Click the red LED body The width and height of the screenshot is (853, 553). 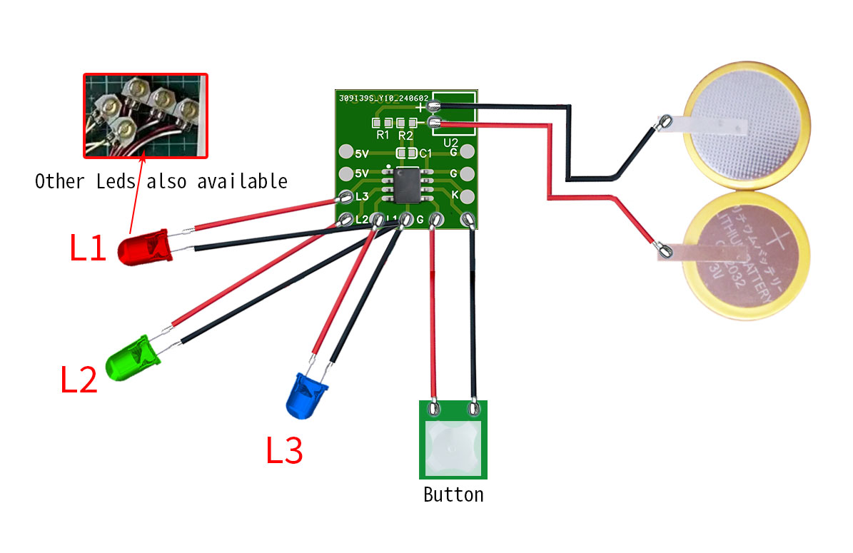[x=143, y=248]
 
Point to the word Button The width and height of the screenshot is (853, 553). [x=453, y=494]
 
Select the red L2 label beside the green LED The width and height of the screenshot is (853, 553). [x=78, y=380]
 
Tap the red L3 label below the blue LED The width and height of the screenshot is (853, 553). [x=284, y=451]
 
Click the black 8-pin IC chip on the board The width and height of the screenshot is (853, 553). [x=405, y=183]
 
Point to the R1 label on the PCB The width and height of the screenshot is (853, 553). [x=383, y=135]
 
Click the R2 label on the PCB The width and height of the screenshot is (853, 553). [x=405, y=135]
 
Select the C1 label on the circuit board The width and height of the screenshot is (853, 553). [x=425, y=153]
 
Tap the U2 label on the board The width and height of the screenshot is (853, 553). [x=451, y=143]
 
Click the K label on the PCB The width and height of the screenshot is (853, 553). [x=454, y=195]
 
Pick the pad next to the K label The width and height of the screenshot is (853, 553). [x=468, y=196]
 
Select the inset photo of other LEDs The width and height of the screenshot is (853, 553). [x=146, y=115]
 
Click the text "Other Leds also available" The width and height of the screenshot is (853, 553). [x=161, y=181]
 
